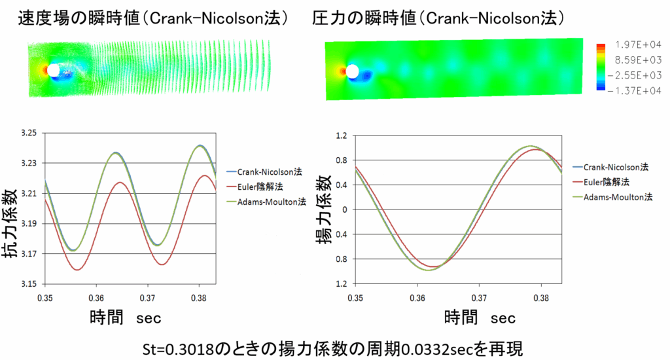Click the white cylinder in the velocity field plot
[x=54, y=70]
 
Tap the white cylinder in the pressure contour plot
[x=353, y=71]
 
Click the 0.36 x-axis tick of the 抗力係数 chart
[x=96, y=297]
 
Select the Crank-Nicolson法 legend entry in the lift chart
[x=612, y=167]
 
